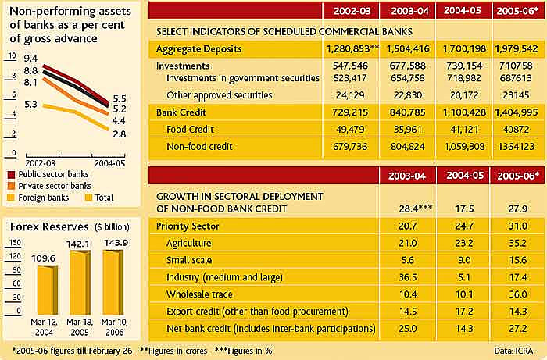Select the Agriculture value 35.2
point(515,243)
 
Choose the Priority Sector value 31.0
point(515,226)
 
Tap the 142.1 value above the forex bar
point(79,243)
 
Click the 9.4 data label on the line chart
point(30,59)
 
